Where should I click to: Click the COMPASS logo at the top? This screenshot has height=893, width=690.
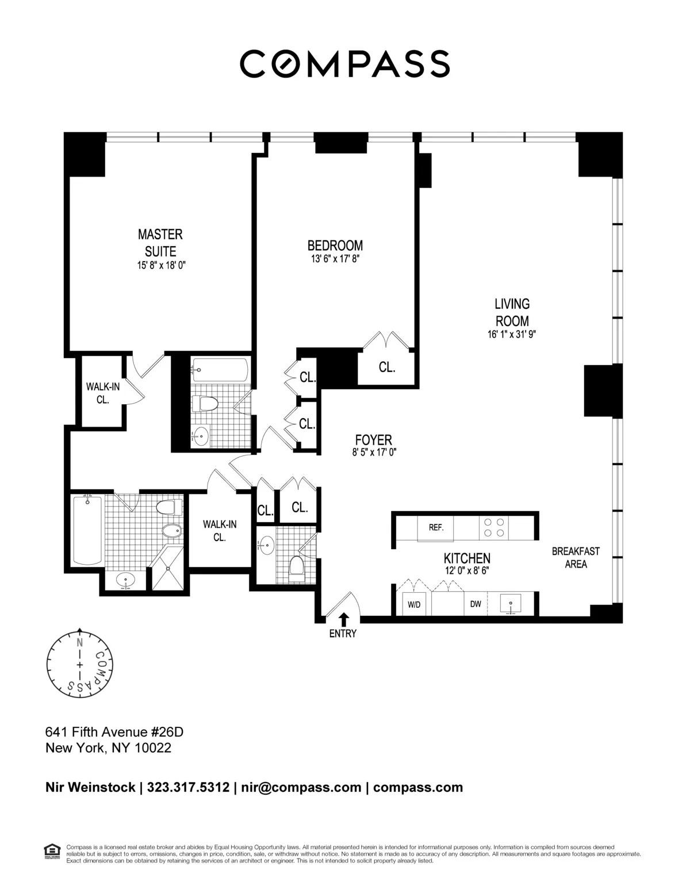[x=344, y=63]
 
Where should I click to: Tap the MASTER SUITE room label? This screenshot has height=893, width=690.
[x=160, y=243]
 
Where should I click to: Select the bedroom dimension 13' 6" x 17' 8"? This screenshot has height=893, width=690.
[x=335, y=259]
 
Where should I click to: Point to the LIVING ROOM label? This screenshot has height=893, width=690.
[x=512, y=312]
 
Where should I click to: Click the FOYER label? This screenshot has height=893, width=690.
[x=374, y=440]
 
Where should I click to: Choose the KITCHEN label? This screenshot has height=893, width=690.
[x=467, y=558]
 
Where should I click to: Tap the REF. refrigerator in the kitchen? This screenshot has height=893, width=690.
[x=436, y=527]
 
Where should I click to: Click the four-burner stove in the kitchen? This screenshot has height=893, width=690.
[x=494, y=527]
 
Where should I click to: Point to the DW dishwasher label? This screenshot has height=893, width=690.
[x=476, y=604]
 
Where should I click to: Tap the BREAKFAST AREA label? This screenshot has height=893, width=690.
[x=576, y=557]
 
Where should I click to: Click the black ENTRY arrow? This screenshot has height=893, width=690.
[x=344, y=619]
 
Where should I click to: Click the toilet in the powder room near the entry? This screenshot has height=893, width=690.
[x=297, y=565]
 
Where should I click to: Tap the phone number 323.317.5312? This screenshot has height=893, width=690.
[x=189, y=787]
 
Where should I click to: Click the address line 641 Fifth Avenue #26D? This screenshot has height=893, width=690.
[x=114, y=732]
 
